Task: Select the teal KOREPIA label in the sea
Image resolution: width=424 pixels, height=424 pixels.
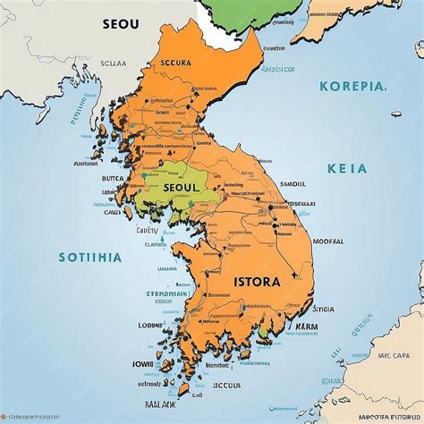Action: [353, 87]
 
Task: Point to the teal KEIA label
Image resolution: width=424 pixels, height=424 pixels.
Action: [348, 166]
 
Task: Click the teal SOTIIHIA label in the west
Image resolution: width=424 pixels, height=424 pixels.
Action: [90, 257]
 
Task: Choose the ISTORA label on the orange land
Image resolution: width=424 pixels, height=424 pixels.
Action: [258, 282]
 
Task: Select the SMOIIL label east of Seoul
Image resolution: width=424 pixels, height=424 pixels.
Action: [294, 182]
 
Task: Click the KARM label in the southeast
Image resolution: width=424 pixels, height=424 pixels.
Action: [306, 326]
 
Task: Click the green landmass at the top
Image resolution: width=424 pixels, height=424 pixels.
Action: [259, 13]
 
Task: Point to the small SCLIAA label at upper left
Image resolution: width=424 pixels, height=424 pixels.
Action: [114, 64]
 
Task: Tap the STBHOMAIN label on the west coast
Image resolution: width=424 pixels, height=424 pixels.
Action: [166, 293]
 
